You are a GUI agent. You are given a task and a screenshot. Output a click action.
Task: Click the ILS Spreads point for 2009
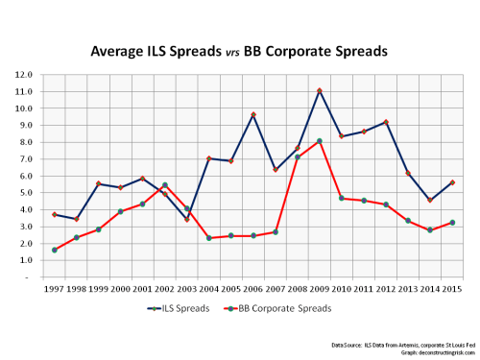tap(319, 91)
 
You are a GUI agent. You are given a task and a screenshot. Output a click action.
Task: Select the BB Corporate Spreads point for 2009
tap(319, 141)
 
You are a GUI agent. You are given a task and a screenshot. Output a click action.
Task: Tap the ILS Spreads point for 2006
tap(253, 115)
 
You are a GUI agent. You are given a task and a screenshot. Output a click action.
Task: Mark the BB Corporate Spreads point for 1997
tap(55, 250)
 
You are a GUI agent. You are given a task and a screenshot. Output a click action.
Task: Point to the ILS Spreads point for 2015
tap(450, 182)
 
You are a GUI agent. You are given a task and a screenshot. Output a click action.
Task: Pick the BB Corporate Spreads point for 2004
tap(209, 237)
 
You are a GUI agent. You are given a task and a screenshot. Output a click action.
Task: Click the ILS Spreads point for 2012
tap(385, 122)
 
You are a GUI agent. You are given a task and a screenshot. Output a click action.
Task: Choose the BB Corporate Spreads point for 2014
tap(429, 230)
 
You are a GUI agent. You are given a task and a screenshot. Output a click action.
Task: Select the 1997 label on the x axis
tap(55, 287)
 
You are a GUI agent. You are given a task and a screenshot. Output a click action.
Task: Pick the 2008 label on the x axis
tap(297, 287)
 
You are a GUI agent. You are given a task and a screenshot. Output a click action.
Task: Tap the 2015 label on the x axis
tap(450, 287)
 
